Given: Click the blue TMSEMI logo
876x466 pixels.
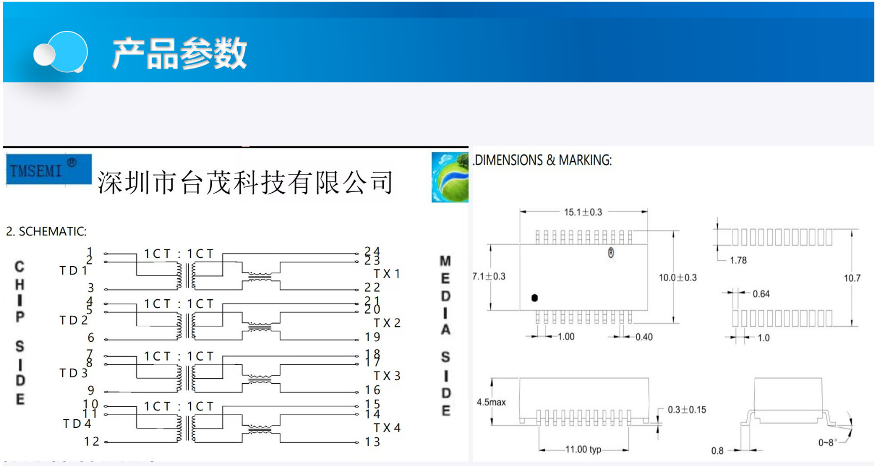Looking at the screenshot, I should [x=49, y=170].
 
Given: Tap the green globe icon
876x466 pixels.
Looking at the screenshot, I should [x=450, y=177].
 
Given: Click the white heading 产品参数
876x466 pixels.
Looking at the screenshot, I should [x=179, y=54].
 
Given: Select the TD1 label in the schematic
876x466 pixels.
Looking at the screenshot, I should [x=73, y=271].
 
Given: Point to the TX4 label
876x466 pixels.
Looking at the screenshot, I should [x=387, y=428].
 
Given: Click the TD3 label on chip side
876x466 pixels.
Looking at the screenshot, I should [x=73, y=373].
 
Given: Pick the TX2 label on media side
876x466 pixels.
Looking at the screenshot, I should [x=387, y=323].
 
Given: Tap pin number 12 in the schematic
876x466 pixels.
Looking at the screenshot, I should [x=92, y=442].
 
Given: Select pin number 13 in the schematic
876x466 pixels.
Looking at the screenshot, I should [x=372, y=442].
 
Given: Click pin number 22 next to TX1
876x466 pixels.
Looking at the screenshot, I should [x=372, y=287].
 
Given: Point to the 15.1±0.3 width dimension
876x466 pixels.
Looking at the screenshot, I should [x=583, y=212].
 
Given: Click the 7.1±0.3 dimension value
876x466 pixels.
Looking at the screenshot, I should [x=489, y=276].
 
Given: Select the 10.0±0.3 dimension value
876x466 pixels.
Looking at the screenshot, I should [x=677, y=277].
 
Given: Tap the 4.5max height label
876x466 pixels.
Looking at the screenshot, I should [x=491, y=402].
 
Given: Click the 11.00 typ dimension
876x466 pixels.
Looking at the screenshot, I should [x=583, y=449].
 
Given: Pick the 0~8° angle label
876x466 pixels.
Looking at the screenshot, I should [x=827, y=443].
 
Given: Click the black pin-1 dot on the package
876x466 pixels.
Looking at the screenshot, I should [x=534, y=298].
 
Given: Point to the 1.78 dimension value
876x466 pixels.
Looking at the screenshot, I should [x=738, y=260].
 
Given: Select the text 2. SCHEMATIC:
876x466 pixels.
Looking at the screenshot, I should [x=46, y=231].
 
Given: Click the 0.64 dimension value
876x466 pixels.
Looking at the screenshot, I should [x=761, y=294].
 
